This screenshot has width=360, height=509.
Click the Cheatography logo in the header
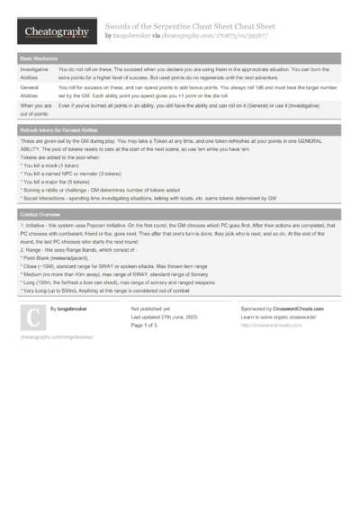55,32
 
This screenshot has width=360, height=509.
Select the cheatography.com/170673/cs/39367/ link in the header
217,36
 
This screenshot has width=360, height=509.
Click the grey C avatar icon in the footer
31,317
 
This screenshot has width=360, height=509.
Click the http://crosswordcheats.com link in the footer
271,325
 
